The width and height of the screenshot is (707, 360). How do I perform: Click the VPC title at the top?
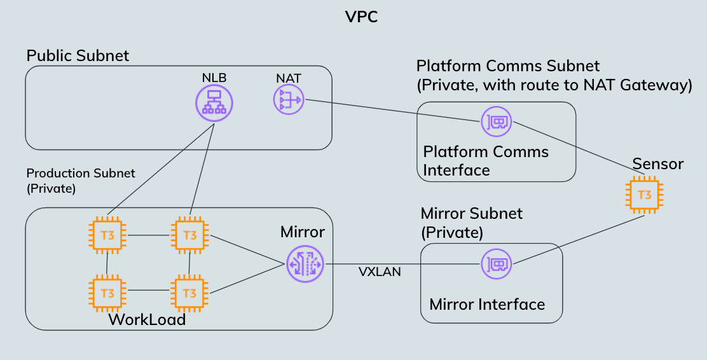[361, 17]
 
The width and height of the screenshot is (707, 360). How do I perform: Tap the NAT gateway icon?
[289, 99]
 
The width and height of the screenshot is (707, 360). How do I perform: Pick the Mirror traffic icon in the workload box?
[305, 263]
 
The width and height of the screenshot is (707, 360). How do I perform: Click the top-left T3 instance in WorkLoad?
[107, 235]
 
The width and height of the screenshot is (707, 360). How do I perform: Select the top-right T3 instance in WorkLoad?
[189, 235]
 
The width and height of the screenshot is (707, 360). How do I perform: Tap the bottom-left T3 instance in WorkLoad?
[107, 293]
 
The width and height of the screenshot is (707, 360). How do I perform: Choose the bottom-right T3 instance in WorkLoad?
[189, 293]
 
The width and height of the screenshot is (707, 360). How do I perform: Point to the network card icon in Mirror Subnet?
[497, 263]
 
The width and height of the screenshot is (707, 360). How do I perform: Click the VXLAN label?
[380, 272]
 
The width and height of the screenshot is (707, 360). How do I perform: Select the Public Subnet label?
[78, 56]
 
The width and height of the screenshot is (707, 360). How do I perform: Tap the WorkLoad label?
[147, 319]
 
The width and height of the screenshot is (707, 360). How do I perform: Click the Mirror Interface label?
[487, 305]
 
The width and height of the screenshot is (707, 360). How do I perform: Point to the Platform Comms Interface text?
[486, 161]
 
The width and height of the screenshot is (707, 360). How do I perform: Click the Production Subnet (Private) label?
[80, 181]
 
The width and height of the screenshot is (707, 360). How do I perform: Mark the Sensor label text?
[657, 164]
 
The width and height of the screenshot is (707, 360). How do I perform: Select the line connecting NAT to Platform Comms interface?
[391, 109]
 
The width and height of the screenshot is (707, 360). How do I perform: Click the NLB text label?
[214, 78]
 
